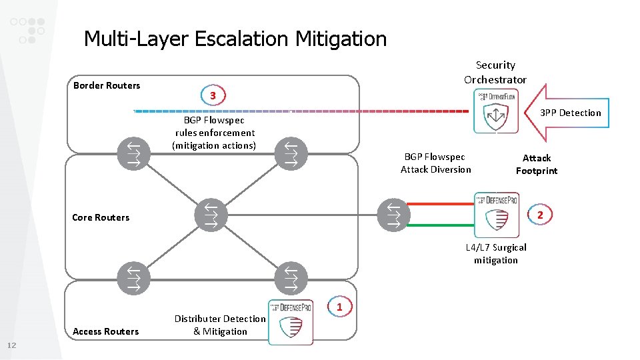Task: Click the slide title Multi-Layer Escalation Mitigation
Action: tap(235, 39)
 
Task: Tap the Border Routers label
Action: tap(107, 85)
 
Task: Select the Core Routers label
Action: tap(101, 217)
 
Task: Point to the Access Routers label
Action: tap(106, 331)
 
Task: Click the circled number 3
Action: tap(212, 96)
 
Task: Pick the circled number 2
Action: tap(540, 215)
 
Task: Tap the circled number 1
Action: tap(339, 307)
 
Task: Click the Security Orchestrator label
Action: tap(495, 72)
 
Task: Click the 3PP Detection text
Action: tap(571, 113)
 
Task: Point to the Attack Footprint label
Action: tap(537, 164)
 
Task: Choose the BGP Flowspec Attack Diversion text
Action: tap(435, 163)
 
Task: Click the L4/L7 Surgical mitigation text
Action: tap(496, 253)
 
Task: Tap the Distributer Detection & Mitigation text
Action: tap(220, 325)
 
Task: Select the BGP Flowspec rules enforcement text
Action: tap(214, 133)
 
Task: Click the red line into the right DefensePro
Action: tap(441, 204)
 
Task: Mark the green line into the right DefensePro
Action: tap(441, 225)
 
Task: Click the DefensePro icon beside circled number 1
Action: tap(291, 322)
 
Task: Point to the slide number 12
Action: tap(11, 345)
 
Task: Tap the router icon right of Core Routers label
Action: tap(211, 215)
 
